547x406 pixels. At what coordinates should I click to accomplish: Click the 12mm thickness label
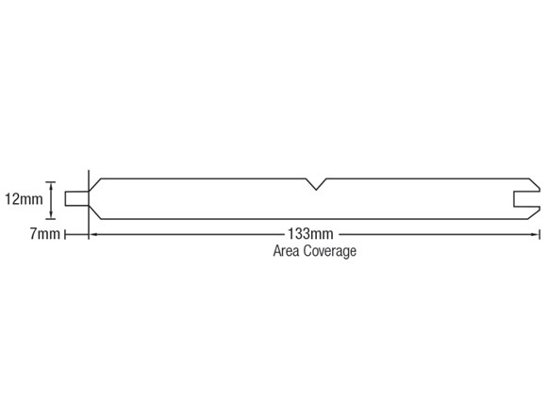click(x=24, y=199)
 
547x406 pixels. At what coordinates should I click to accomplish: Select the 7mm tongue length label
click(x=45, y=234)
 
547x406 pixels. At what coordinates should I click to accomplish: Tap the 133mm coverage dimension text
click(x=310, y=234)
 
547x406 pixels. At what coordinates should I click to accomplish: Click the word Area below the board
click(x=286, y=251)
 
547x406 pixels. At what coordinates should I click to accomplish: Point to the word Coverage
click(x=330, y=251)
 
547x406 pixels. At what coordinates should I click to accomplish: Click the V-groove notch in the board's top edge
click(x=316, y=184)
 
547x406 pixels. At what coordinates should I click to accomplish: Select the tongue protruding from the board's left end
click(x=76, y=198)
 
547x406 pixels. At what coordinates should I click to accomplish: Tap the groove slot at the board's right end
click(x=527, y=199)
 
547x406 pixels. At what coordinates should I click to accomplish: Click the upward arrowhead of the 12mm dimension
click(x=51, y=186)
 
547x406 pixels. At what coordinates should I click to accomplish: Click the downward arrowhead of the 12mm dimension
click(x=51, y=214)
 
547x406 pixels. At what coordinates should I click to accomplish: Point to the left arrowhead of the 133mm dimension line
click(x=92, y=234)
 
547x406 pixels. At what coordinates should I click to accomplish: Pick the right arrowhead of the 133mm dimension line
click(x=536, y=234)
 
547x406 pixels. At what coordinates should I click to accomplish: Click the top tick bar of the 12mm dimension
click(x=51, y=182)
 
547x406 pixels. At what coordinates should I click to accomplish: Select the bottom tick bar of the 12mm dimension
click(x=51, y=219)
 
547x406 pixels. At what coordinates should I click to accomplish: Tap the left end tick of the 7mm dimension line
click(x=65, y=234)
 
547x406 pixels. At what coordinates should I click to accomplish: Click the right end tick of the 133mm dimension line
click(x=540, y=234)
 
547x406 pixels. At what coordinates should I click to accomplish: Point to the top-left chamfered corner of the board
click(x=95, y=184)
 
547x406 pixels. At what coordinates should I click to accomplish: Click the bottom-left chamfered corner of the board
click(x=95, y=212)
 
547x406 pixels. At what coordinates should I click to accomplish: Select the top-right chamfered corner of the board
click(x=535, y=185)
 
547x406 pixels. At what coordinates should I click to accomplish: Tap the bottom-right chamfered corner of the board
click(x=535, y=213)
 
